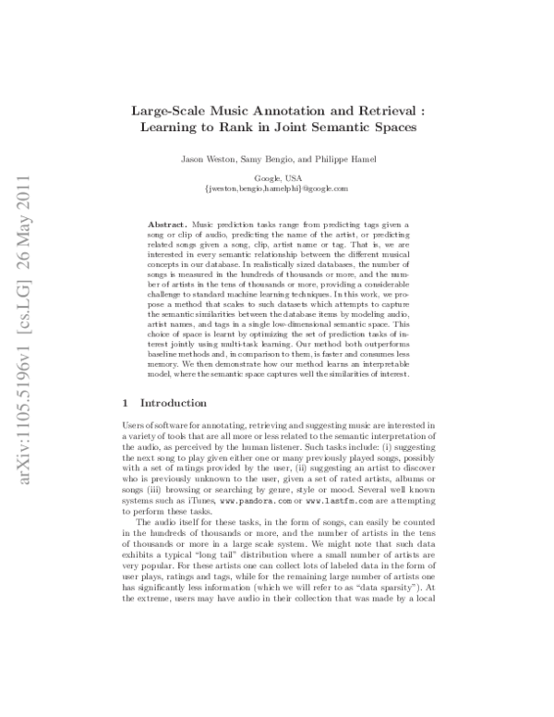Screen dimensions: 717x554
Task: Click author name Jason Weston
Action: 229,160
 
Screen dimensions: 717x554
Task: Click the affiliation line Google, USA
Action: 275,178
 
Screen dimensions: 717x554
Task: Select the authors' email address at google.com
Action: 275,188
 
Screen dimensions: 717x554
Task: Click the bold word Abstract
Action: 166,225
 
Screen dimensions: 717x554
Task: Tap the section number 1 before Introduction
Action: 126,402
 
